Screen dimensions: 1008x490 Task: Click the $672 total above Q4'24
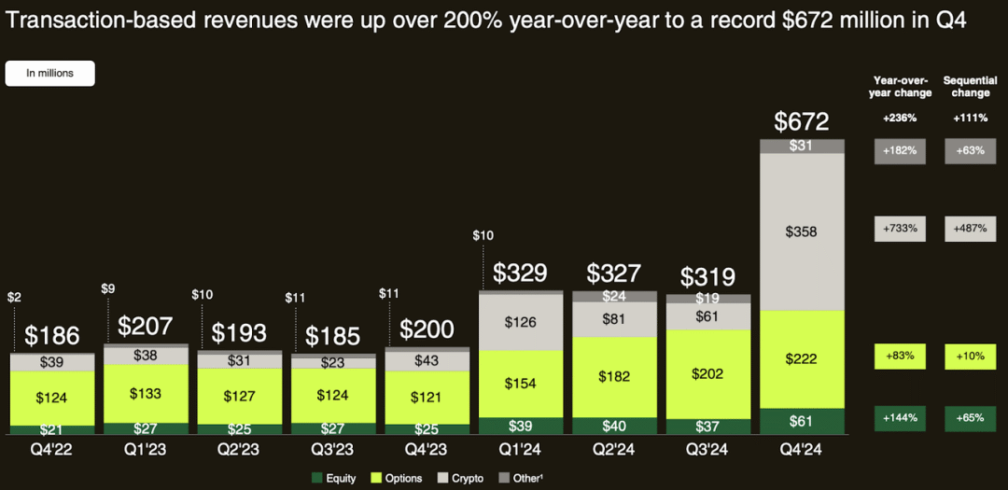click(x=802, y=121)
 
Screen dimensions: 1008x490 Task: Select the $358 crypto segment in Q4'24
click(x=802, y=231)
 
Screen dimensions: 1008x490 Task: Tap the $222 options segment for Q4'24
click(x=802, y=359)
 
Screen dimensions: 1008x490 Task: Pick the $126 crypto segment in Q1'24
click(x=520, y=322)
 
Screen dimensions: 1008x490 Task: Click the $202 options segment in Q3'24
click(x=707, y=374)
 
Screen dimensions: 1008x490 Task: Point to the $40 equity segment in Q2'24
click(x=614, y=426)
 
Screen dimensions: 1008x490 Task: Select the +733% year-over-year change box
click(x=900, y=229)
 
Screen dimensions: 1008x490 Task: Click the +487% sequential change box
click(x=970, y=229)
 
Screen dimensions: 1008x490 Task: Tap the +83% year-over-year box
click(x=900, y=357)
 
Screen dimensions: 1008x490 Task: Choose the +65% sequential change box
click(x=970, y=419)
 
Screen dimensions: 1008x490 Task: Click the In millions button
click(x=50, y=74)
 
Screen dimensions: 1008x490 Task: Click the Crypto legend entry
click(x=459, y=479)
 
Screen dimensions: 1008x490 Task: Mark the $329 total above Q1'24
click(x=520, y=273)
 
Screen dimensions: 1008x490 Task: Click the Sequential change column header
click(x=966, y=87)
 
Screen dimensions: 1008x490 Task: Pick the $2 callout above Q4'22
click(x=13, y=298)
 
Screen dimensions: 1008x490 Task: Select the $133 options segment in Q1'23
click(x=146, y=394)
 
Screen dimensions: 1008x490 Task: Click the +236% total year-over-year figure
click(x=900, y=119)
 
